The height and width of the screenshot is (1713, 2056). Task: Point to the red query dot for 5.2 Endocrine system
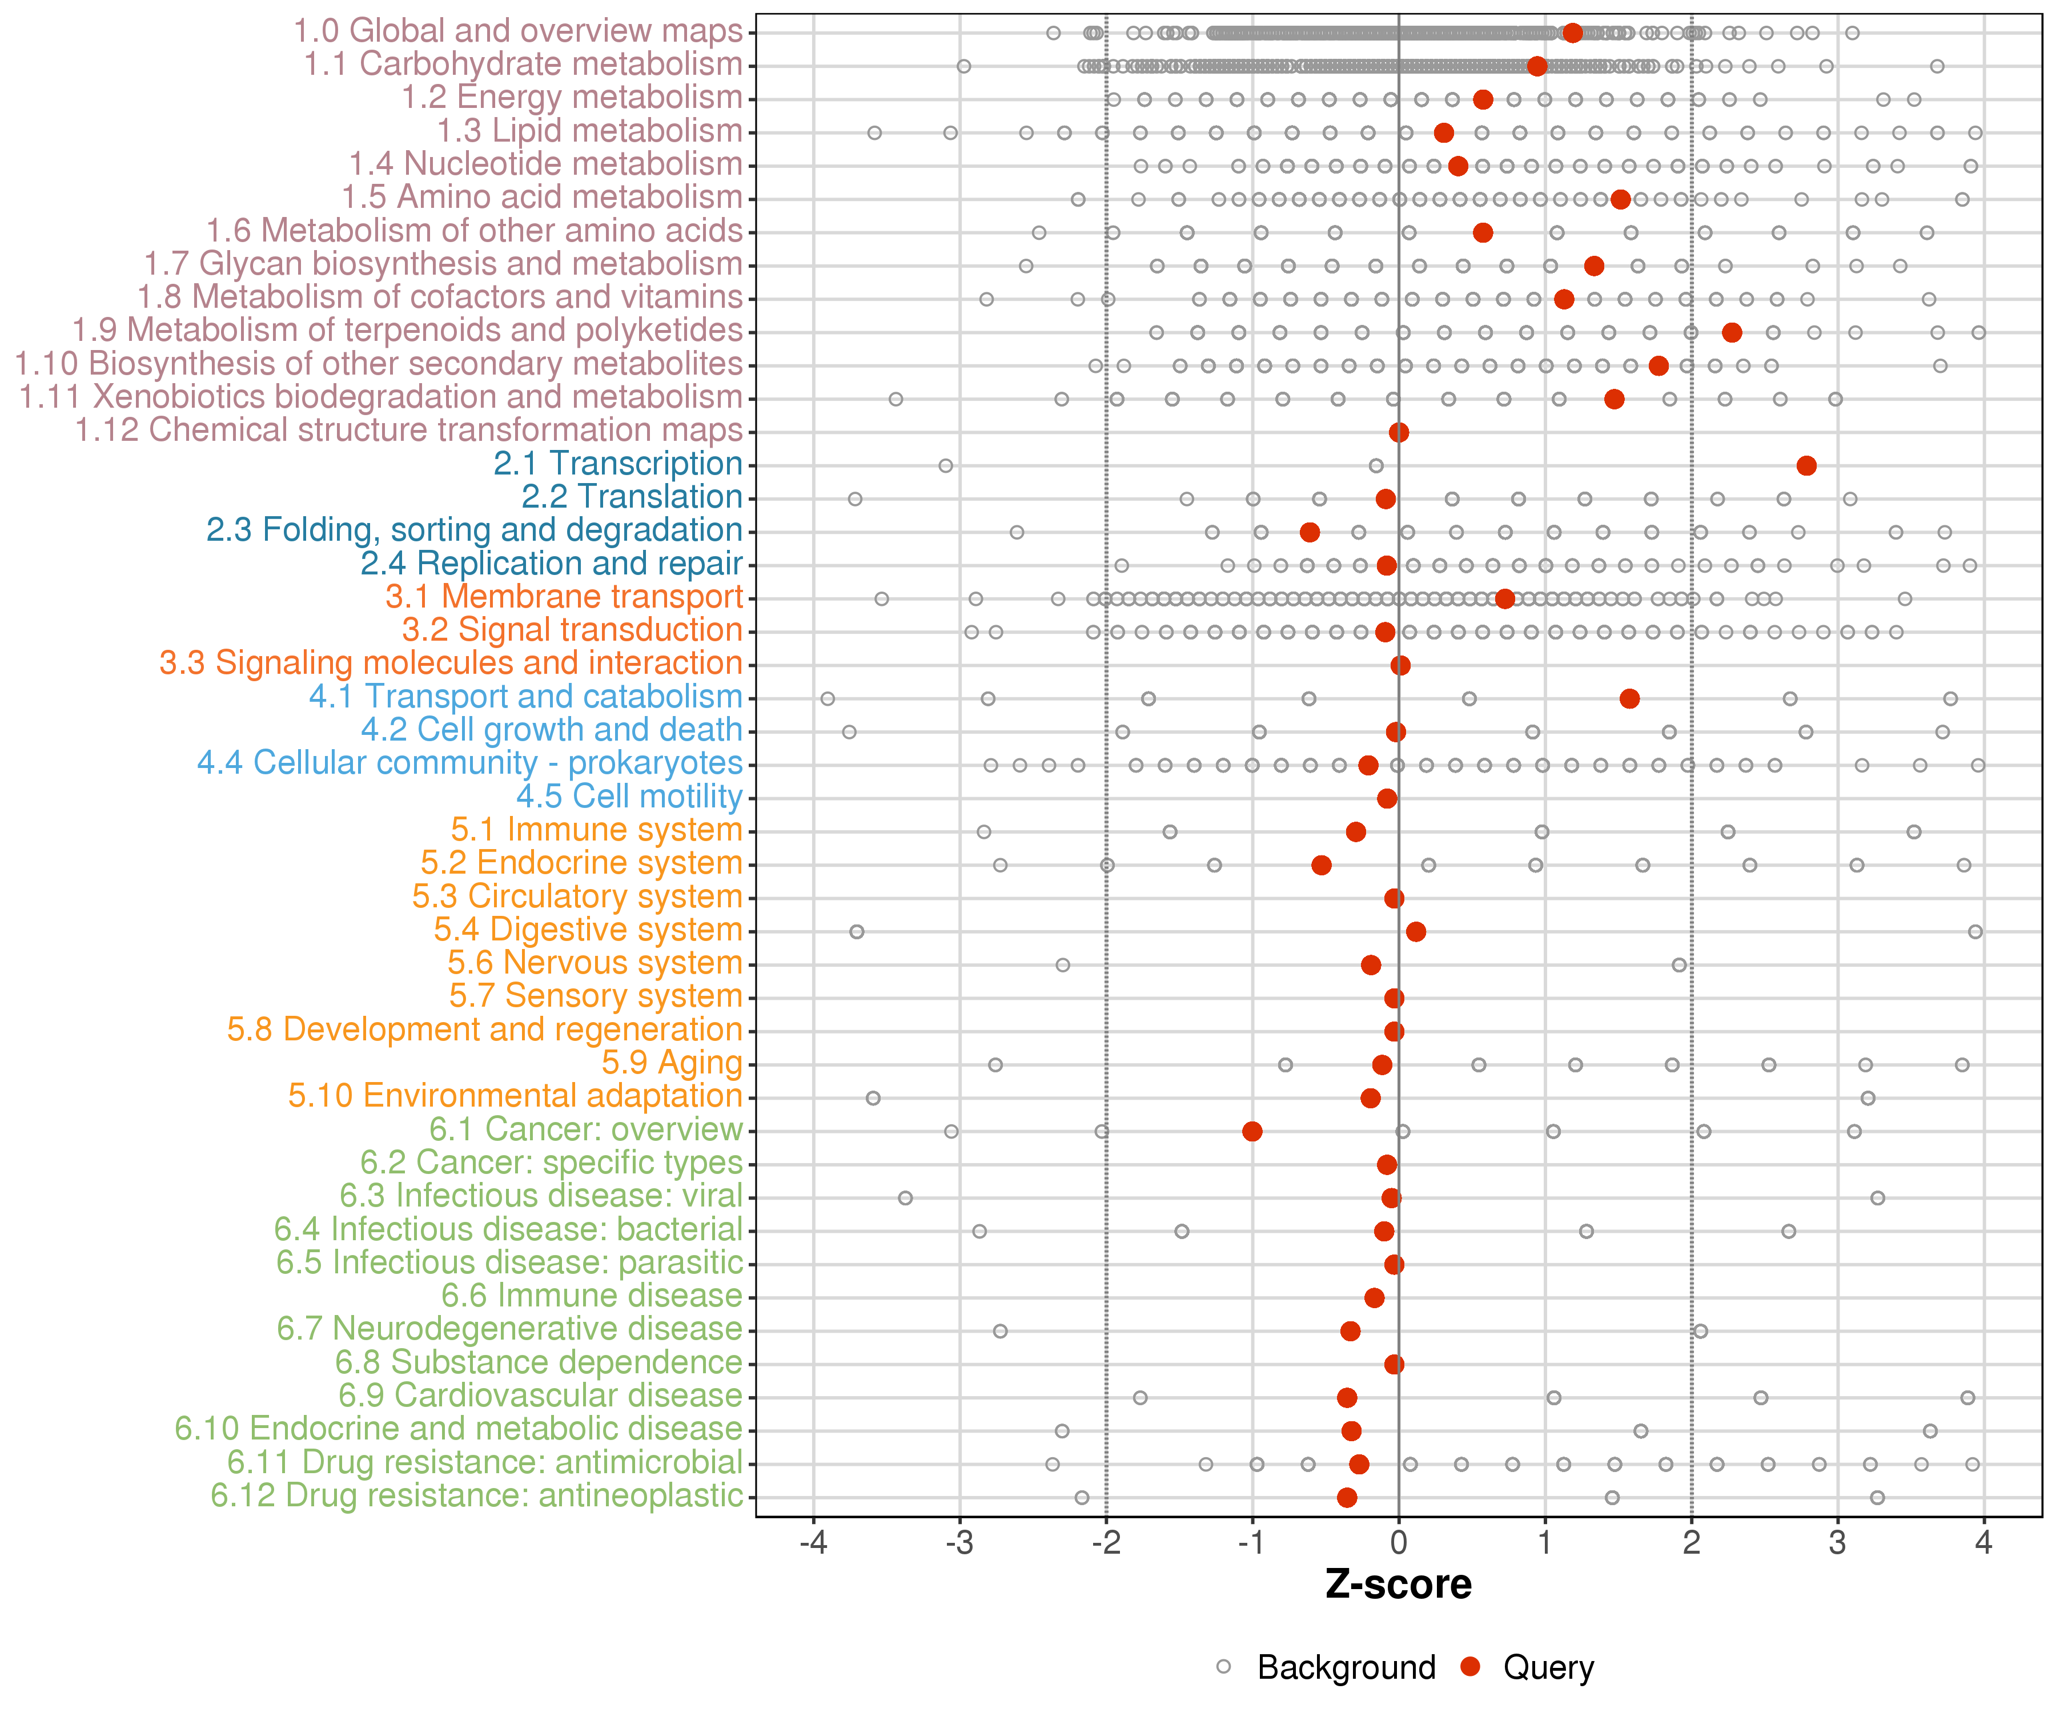[1322, 864]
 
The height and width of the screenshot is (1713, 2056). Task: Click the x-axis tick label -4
[813, 1543]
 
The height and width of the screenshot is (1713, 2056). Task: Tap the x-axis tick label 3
[1838, 1543]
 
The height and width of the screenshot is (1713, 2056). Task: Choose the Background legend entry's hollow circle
[1224, 1667]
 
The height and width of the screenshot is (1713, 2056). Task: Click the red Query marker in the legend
[1469, 1666]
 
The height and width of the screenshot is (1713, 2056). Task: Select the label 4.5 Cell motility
[629, 796]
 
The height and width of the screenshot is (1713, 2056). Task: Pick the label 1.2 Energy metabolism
[573, 97]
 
